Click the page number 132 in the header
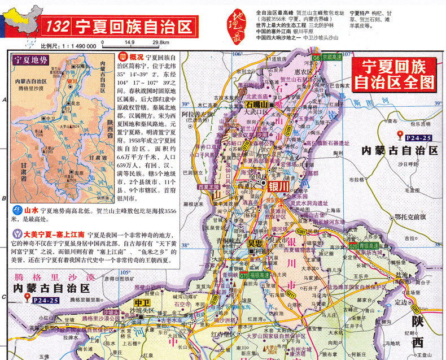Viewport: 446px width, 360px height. click(59, 26)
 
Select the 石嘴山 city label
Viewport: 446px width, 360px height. click(257, 105)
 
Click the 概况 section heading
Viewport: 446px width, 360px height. click(132, 57)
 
